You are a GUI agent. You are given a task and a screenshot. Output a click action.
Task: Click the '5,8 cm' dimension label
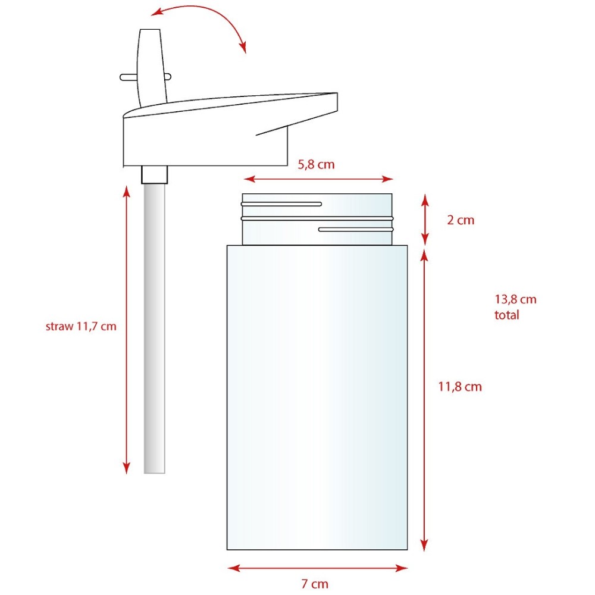316,165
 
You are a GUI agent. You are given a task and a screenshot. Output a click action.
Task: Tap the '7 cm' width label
315,584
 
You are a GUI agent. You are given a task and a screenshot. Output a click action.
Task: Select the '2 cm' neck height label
461,220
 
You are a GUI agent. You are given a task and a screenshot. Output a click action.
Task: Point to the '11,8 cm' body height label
460,387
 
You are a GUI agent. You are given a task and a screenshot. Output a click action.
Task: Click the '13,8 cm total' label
515,307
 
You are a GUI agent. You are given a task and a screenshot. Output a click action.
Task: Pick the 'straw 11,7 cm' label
81,326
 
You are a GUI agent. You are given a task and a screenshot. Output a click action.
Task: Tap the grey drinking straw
155,328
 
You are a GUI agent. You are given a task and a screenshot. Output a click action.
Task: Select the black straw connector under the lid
155,174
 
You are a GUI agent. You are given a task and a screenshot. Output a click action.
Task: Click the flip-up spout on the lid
152,67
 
